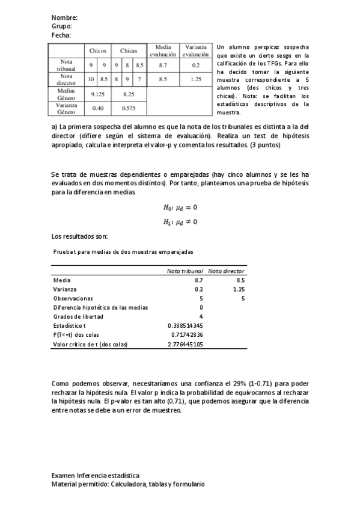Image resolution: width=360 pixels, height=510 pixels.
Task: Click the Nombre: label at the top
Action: click(x=64, y=18)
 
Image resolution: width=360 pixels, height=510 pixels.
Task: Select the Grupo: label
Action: click(x=62, y=26)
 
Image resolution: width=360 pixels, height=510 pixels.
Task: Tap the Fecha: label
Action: click(x=61, y=35)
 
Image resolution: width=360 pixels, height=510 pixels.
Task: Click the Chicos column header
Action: click(x=97, y=51)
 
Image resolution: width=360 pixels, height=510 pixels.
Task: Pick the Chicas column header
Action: click(x=129, y=51)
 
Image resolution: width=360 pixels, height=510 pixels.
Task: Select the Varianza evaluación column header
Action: click(x=196, y=51)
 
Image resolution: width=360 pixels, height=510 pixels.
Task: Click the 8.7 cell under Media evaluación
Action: click(x=163, y=65)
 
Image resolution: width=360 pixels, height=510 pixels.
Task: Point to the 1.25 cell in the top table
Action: click(x=196, y=79)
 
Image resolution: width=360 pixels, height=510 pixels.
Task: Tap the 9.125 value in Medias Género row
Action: click(x=98, y=94)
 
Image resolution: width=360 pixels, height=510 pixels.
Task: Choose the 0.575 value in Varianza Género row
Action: click(x=129, y=108)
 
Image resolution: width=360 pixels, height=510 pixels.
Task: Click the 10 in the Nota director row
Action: click(x=91, y=79)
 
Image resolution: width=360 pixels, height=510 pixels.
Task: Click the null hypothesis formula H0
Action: click(x=180, y=207)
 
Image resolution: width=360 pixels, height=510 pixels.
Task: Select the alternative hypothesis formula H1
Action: click(x=180, y=221)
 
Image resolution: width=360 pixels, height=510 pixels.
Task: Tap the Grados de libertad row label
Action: click(x=78, y=316)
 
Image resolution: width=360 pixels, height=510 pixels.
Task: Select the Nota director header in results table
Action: click(x=227, y=271)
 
